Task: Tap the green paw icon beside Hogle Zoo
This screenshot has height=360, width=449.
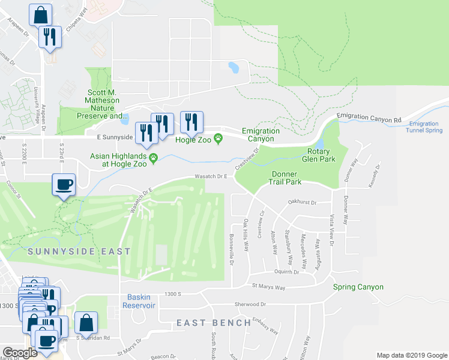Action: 218,139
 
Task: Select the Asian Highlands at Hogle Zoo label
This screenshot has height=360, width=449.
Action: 119,159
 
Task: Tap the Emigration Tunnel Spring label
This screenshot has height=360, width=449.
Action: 424,127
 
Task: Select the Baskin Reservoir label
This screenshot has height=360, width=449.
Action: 141,301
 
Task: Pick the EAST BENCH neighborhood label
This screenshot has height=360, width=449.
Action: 214,323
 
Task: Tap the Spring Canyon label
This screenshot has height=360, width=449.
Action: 358,287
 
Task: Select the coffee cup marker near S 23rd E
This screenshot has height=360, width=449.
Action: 64,184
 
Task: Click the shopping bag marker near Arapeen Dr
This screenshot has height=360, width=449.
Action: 40,14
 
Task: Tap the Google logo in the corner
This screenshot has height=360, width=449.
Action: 20,353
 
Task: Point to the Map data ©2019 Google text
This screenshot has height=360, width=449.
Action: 411,355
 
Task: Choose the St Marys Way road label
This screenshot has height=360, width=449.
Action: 268,287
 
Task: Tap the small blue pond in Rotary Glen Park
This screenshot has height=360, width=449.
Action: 319,144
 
